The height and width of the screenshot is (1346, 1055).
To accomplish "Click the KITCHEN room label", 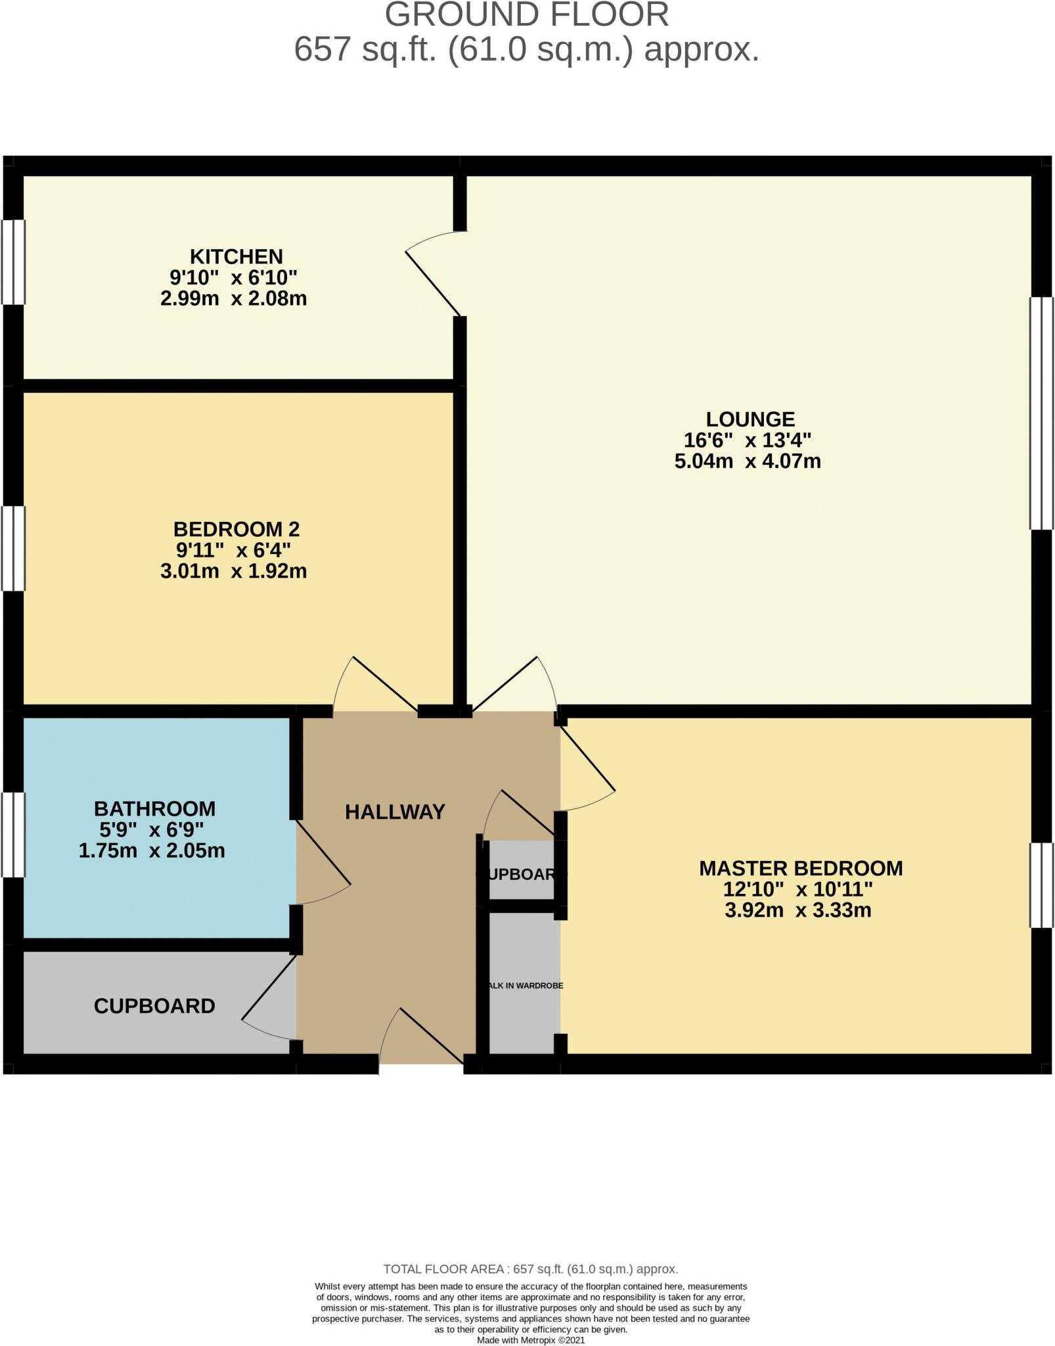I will [236, 256].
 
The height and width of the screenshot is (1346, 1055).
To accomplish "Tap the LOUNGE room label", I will [750, 419].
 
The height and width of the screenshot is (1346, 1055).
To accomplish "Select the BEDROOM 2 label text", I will [236, 529].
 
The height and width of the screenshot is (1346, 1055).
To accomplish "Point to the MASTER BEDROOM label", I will [800, 868].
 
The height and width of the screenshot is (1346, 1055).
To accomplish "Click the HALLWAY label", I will [395, 812].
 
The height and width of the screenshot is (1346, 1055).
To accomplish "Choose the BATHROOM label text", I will [154, 808].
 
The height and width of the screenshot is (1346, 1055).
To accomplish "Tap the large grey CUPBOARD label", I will [154, 1006].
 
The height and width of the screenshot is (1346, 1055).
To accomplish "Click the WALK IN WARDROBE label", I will [524, 986].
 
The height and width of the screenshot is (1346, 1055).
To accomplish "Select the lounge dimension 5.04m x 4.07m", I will [748, 461].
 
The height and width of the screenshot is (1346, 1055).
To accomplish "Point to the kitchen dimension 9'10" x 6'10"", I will [233, 277].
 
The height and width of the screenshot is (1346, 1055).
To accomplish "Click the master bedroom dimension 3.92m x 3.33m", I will [797, 910].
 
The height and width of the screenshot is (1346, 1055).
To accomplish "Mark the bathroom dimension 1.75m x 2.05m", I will [152, 851].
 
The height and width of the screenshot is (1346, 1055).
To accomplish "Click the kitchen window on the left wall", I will [13, 262].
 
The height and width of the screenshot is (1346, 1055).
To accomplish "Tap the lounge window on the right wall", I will [1041, 413].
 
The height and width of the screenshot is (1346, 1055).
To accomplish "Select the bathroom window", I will [13, 835].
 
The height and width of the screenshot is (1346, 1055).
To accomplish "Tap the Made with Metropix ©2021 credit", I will [530, 1340].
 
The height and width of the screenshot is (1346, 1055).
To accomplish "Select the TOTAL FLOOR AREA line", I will [530, 1269].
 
